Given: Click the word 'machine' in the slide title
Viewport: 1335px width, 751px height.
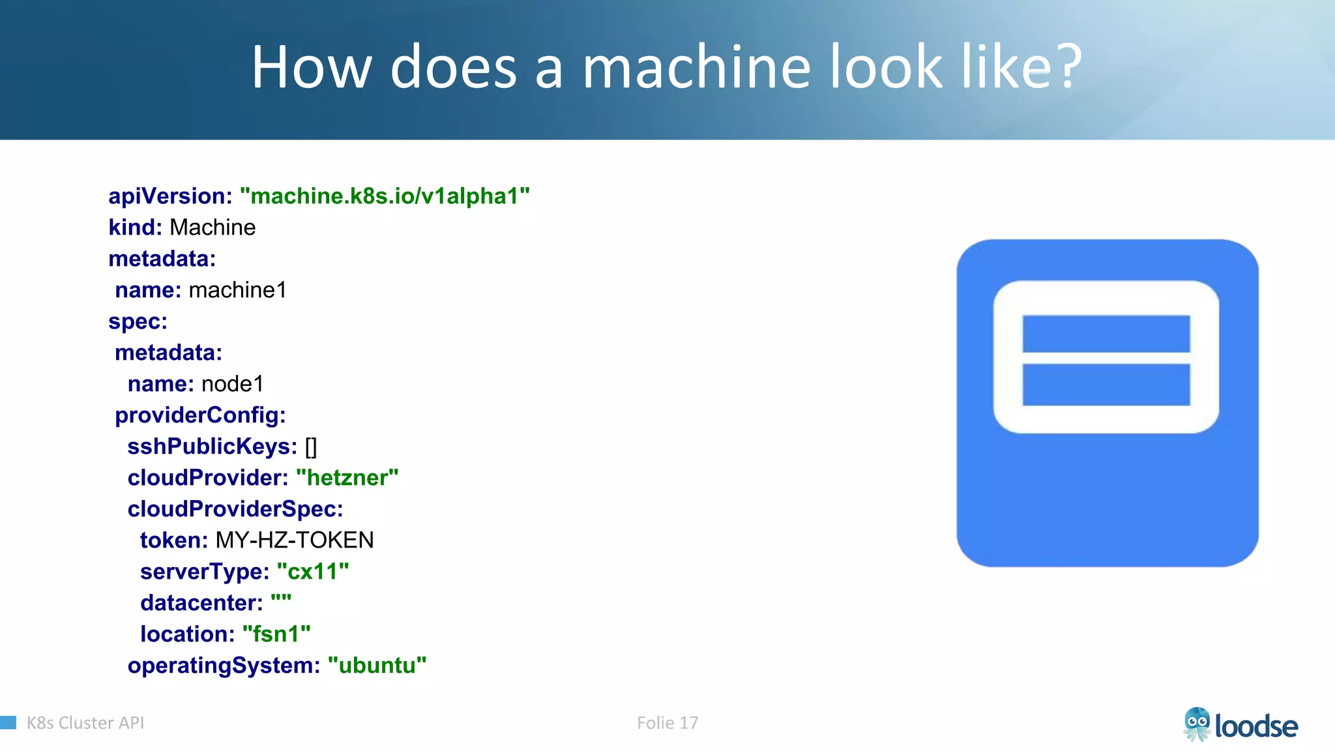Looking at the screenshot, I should point(696,67).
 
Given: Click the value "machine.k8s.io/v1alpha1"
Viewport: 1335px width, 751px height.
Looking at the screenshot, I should point(385,196).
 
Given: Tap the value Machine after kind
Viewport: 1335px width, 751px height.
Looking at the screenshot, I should point(213,228).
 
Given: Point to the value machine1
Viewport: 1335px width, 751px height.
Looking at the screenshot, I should point(237,290).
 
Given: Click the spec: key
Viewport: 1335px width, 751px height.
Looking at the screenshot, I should point(138,321).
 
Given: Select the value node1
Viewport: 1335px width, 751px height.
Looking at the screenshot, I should point(233,384).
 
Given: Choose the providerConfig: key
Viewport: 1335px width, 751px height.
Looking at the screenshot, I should point(200,415).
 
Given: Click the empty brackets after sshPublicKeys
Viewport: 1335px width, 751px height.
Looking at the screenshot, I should point(311,447).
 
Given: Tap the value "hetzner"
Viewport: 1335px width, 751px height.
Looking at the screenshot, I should point(347,478).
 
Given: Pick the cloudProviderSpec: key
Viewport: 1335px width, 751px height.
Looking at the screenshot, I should point(235,509).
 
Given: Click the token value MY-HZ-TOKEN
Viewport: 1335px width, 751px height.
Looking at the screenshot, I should point(295,540).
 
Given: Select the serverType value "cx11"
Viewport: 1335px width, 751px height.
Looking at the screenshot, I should point(313,572).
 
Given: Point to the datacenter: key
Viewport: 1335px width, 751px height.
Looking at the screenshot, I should point(201,603).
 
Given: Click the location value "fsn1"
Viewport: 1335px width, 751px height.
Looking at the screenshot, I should point(276,634).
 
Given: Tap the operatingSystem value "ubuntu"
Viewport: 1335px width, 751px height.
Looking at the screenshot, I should point(377,666).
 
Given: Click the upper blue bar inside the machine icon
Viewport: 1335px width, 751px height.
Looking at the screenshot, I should point(1106,333).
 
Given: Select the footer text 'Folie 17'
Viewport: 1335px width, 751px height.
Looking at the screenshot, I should point(667,723).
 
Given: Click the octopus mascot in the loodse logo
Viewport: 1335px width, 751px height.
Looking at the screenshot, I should point(1197,724).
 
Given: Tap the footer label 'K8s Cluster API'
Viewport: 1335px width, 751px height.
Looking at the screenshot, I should point(85,723).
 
